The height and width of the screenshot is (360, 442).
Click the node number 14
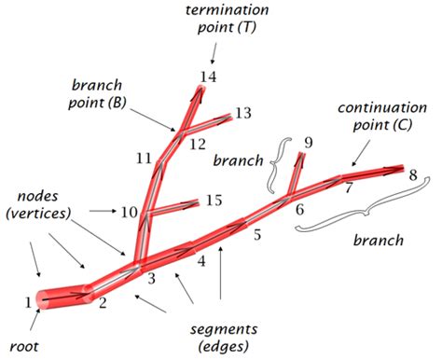[207, 76]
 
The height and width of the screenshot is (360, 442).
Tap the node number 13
[242, 113]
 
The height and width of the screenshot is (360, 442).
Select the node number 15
[214, 201]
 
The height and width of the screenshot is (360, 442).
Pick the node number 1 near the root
[28, 300]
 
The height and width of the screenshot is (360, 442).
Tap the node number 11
[143, 158]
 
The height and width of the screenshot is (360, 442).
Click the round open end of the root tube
[46, 299]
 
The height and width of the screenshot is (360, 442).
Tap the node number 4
[200, 261]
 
